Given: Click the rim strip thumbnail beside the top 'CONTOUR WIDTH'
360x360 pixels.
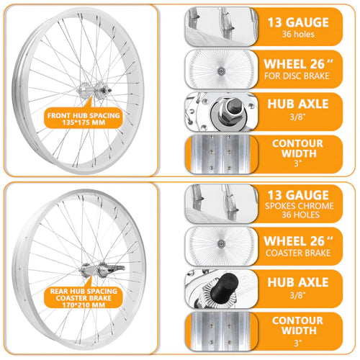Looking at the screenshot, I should [220, 154].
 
